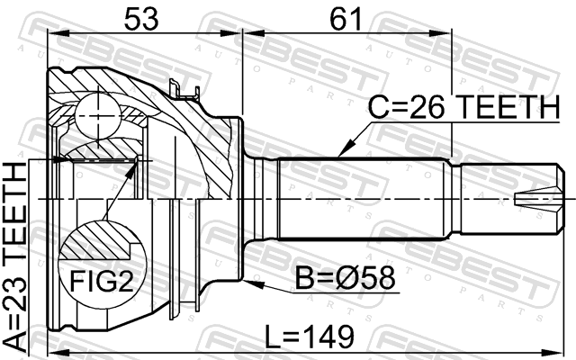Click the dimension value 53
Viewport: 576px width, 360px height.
pyautogui.click(x=141, y=19)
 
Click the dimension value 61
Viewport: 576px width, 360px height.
pyautogui.click(x=346, y=19)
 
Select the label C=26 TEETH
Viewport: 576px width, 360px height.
pyautogui.click(x=464, y=107)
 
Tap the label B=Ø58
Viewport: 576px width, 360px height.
pyautogui.click(x=346, y=277)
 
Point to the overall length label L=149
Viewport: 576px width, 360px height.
pyautogui.click(x=310, y=337)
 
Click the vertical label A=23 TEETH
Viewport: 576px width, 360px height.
pyautogui.click(x=15, y=256)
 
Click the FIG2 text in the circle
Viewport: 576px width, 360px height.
pyautogui.click(x=102, y=280)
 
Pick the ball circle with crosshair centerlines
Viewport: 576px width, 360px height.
pyautogui.click(x=98, y=116)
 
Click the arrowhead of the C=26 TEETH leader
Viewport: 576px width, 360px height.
pyautogui.click(x=344, y=150)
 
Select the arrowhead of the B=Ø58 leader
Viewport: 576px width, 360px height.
pyautogui.click(x=253, y=283)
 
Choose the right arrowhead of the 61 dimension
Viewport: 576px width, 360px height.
pyautogui.click(x=440, y=34)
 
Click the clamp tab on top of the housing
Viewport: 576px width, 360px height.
pyautogui.click(x=184, y=90)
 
